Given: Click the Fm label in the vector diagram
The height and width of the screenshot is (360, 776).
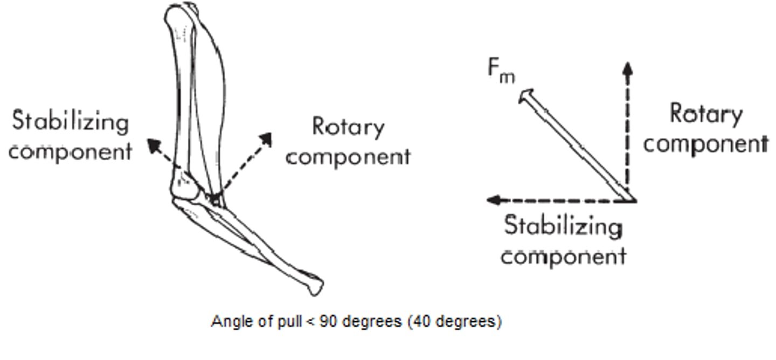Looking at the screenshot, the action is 501,71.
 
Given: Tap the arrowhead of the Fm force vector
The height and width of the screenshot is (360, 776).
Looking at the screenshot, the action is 526,96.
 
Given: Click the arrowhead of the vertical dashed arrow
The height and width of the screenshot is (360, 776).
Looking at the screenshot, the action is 627,68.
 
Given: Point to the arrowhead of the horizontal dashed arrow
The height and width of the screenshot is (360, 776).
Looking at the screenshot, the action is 493,200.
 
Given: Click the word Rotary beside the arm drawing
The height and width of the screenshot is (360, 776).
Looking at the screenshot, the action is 348,128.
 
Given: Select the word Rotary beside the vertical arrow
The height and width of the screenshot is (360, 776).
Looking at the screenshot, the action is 706,114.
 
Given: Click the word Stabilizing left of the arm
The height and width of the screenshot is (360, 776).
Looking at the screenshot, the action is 70,122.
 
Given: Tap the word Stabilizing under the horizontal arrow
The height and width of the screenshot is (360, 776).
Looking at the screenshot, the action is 563,226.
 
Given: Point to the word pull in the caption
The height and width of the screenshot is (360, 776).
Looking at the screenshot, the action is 289,322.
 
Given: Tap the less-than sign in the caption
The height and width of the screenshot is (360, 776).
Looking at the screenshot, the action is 310,322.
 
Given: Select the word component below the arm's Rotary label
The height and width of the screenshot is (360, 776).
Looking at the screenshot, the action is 348,158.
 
